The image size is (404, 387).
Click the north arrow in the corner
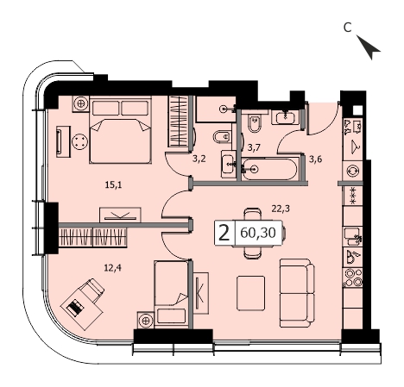pos(369,47)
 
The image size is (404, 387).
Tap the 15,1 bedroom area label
pos(113,185)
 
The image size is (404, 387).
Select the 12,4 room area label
pos(113,268)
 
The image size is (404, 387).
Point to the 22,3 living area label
pos(281,209)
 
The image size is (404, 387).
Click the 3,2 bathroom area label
pos(199,159)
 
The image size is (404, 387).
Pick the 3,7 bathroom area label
pos(254,147)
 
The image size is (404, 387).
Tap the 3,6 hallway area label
pos(315,159)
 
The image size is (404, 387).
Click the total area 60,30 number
pos(258,233)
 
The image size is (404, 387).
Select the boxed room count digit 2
pos(224,233)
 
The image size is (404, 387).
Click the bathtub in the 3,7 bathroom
pos(268,169)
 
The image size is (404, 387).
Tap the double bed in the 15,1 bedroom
pos(120,130)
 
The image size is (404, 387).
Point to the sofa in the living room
pos(297,293)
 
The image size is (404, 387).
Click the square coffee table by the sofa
pos(250,293)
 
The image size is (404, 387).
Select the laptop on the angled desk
pos(75,308)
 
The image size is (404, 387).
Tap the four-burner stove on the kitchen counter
pos(353,278)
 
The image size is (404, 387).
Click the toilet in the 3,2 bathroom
pos(223,136)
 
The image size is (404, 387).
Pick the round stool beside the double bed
pos(79,142)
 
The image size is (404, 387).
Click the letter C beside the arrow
pos(348,28)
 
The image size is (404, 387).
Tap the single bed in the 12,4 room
pos(171,294)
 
